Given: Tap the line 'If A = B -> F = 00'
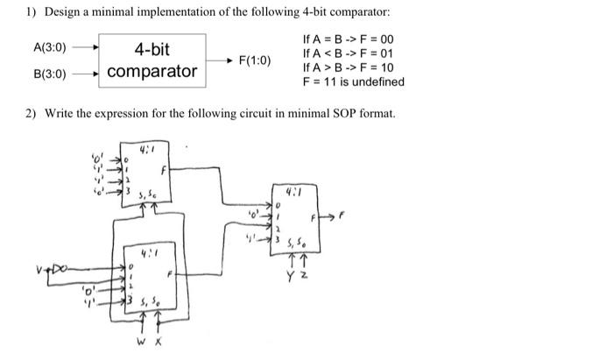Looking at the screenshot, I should (348, 39).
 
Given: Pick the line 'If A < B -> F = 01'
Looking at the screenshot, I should (348, 53).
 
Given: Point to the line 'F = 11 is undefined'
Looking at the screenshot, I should (353, 81).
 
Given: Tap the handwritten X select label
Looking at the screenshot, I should (158, 332).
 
